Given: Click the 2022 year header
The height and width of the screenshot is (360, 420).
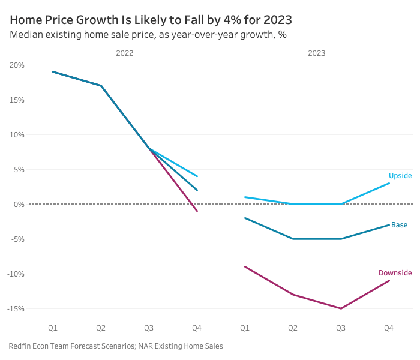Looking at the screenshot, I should pyautogui.click(x=124, y=53).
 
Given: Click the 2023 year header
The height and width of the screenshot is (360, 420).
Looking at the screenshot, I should pyautogui.click(x=316, y=53).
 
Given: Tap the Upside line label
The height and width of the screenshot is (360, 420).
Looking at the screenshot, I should pyautogui.click(x=400, y=176).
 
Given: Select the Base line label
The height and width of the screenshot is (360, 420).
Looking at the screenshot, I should pyautogui.click(x=399, y=225).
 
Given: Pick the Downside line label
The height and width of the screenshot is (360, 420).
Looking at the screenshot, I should pyautogui.click(x=395, y=273).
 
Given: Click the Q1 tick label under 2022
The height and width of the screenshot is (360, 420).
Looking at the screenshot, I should pyautogui.click(x=53, y=328).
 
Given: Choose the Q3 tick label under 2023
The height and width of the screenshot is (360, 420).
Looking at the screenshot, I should pyautogui.click(x=341, y=328).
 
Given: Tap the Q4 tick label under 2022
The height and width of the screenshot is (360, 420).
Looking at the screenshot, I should pyautogui.click(x=197, y=328).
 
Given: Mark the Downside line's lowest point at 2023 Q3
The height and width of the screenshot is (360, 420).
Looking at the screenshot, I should pyautogui.click(x=341, y=308).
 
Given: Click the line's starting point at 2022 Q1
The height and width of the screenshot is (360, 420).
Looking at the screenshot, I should pyautogui.click(x=53, y=71).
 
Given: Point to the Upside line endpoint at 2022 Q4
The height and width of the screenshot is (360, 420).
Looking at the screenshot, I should pyautogui.click(x=197, y=176).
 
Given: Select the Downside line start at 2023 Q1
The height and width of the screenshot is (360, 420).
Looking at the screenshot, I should pyautogui.click(x=245, y=266).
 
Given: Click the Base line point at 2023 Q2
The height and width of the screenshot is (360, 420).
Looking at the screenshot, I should pyautogui.click(x=293, y=239).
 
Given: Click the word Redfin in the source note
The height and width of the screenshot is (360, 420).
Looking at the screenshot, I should pyautogui.click(x=20, y=346).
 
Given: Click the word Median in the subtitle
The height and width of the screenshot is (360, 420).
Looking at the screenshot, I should pyautogui.click(x=26, y=34).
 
